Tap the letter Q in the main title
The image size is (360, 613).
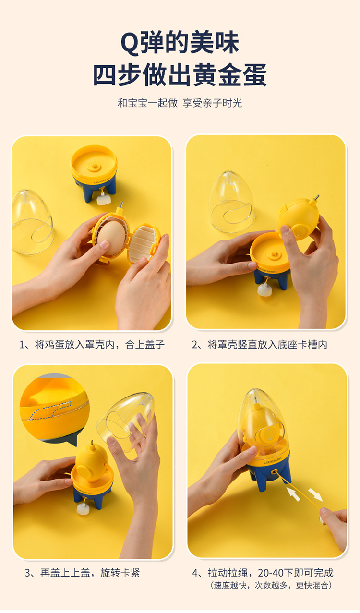[130, 43]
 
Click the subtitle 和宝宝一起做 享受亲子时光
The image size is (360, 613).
[180, 103]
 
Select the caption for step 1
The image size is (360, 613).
[92, 345]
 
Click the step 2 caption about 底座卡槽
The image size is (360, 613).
[259, 345]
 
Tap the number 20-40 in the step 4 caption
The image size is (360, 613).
[270, 573]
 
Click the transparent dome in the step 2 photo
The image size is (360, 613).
[231, 202]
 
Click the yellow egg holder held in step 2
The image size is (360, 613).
[298, 218]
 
